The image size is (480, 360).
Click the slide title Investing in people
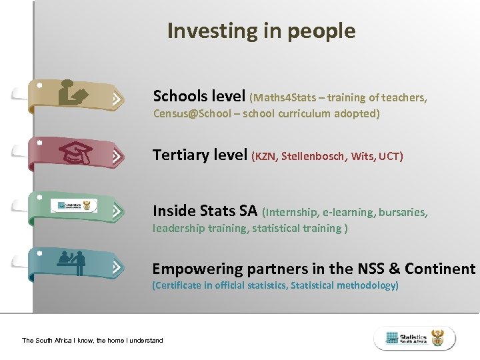[x=261, y=31]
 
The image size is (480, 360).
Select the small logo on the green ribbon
[x=73, y=205]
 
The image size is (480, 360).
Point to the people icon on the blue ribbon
[x=72, y=261]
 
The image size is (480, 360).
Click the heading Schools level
[x=199, y=96]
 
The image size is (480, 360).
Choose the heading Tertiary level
[x=200, y=155]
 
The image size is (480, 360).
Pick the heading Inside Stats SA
[x=205, y=211]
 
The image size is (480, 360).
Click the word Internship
[x=292, y=213]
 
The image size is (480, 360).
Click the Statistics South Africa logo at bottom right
[x=415, y=338]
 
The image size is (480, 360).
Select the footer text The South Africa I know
[x=92, y=340]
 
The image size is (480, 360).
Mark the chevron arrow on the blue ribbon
[x=117, y=268]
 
